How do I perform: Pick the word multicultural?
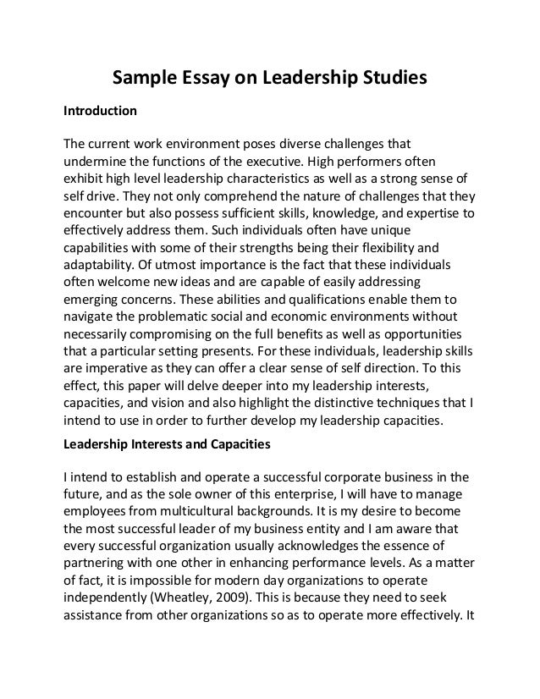(207, 510)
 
